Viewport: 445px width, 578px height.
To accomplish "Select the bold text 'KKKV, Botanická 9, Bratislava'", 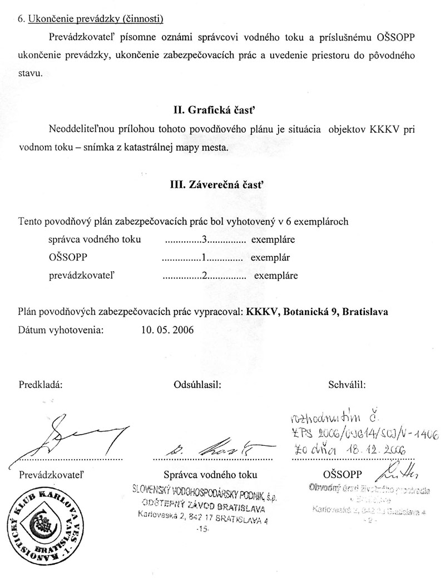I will click(x=316, y=312).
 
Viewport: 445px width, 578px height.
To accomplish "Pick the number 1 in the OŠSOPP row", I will click(x=204, y=258).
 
